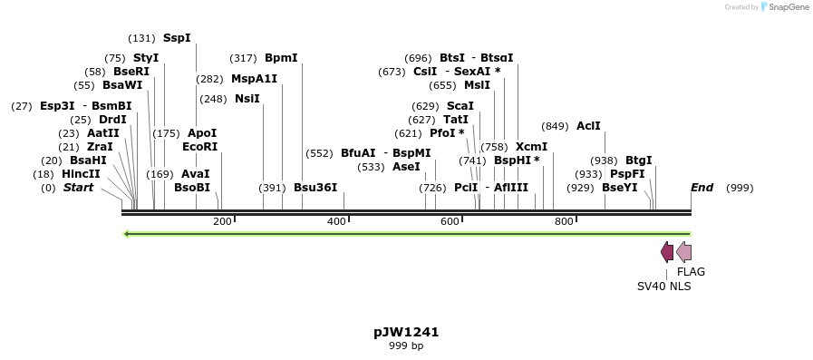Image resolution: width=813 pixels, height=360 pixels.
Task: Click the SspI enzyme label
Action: (x=177, y=38)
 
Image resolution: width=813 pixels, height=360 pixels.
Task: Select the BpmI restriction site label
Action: (x=281, y=58)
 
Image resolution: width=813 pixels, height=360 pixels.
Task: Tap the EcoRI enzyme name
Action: (x=199, y=146)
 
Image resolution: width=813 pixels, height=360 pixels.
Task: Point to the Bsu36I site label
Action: (x=315, y=188)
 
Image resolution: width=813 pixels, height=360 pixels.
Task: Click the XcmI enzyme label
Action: (x=531, y=147)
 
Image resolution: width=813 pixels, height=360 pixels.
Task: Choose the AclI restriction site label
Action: (x=588, y=126)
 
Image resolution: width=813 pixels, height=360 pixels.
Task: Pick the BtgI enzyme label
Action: (x=638, y=161)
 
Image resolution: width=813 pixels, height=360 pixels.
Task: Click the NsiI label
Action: (x=247, y=99)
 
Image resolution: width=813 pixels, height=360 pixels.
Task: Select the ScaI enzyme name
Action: (x=460, y=106)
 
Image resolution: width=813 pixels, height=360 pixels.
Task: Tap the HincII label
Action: (x=81, y=174)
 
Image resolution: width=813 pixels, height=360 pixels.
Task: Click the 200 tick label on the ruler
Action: (x=222, y=222)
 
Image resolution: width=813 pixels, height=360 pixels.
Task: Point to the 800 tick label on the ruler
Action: (x=564, y=222)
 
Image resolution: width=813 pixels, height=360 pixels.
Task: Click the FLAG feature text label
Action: (x=691, y=271)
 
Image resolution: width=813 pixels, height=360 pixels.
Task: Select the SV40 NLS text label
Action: (x=663, y=286)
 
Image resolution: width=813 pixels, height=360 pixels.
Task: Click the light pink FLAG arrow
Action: (x=683, y=252)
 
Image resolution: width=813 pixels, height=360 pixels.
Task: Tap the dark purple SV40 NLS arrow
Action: (x=667, y=252)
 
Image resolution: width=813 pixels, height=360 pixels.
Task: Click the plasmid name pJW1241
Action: (x=406, y=332)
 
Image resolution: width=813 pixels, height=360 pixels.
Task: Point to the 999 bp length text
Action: (x=406, y=345)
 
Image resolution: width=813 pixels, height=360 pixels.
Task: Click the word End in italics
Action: (x=702, y=188)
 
